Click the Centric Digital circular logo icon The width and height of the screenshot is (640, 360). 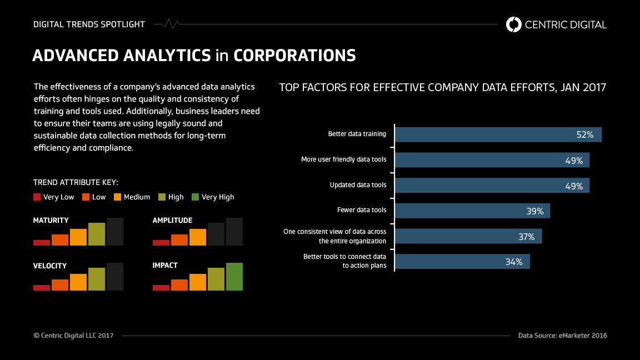coord(514,24)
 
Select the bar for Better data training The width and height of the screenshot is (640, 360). coord(498,134)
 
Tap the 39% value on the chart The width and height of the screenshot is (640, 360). coord(534,211)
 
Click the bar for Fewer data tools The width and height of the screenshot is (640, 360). coord(472,211)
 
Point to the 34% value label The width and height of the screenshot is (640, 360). coord(514,262)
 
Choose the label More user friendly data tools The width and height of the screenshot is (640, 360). coord(343,160)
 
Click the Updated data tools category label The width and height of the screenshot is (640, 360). coord(358,185)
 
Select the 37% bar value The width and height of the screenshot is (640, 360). coord(526,237)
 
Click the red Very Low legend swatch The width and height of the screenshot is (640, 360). coord(37,197)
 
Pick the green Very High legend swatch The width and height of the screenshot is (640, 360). coord(195,197)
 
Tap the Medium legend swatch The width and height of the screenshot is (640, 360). coord(117,197)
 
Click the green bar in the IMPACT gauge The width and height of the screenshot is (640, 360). coord(234,276)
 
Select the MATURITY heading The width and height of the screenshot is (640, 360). coord(51,221)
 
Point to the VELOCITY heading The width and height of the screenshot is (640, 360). coord(50,266)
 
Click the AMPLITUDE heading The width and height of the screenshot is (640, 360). coord(172,221)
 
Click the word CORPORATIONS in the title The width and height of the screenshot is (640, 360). coord(294,56)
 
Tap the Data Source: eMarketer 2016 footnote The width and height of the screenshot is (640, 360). coord(562,336)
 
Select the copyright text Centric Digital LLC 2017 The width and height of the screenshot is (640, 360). coord(73,336)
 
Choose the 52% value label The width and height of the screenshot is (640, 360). coord(585,134)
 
